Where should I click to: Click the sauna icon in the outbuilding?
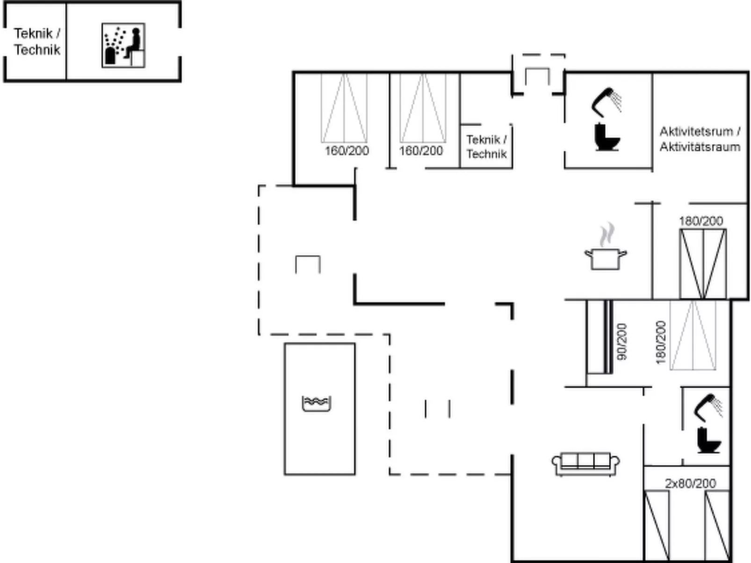point(123,45)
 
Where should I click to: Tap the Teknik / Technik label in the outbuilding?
point(37,42)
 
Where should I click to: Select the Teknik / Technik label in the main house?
point(486,147)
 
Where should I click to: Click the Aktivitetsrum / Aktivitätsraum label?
point(700,139)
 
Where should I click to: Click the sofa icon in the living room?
point(586,464)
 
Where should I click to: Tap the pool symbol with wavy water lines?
point(317,403)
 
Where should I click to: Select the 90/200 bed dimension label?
point(621,342)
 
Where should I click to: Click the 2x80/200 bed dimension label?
point(690,483)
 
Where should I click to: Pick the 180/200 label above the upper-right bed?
point(700,221)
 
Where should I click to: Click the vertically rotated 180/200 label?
point(660,342)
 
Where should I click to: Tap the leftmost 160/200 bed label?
point(347,150)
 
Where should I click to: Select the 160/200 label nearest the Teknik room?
point(421,150)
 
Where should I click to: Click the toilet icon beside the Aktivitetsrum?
point(607,137)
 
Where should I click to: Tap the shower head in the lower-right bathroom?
point(708,406)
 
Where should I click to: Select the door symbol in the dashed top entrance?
point(537,76)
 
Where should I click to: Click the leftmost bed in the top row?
point(344,108)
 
